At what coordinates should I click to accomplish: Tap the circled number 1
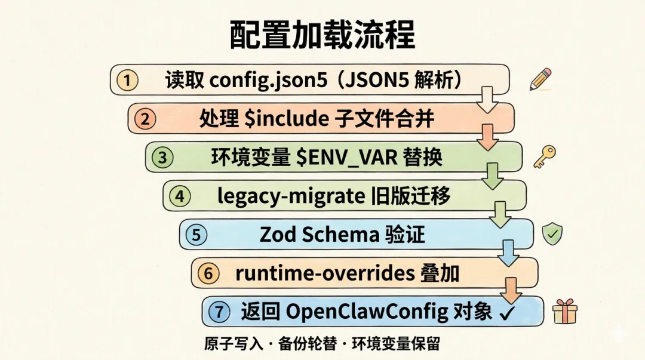click(127, 81)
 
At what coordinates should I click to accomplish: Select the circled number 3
click(162, 158)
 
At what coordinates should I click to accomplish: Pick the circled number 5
click(196, 235)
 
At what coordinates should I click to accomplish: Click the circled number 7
click(220, 312)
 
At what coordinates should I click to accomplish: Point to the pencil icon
click(540, 79)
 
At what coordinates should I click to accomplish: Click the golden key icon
click(544, 156)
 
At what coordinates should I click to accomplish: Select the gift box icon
click(564, 311)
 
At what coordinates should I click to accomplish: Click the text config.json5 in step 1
click(268, 81)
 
